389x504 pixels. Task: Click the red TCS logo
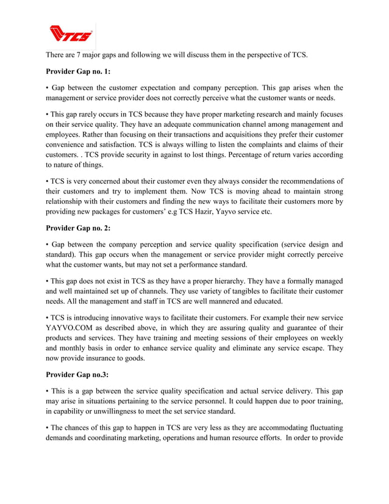tap(71, 34)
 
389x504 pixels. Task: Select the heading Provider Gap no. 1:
tap(78, 71)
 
